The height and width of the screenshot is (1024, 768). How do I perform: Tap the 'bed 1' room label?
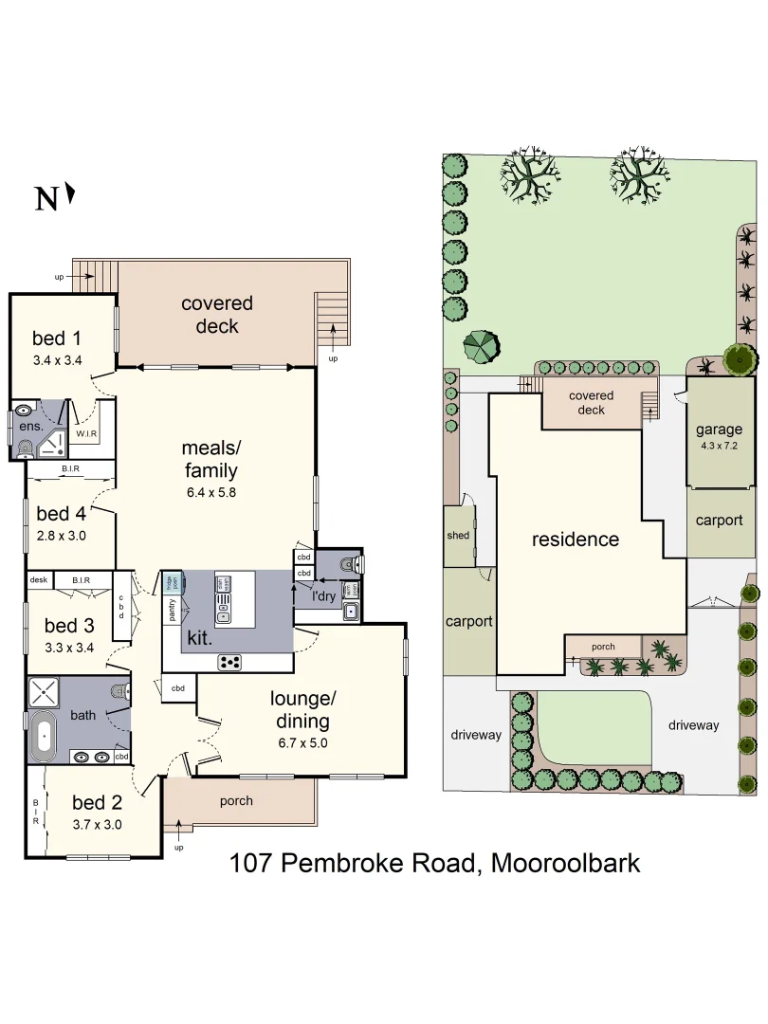(x=56, y=338)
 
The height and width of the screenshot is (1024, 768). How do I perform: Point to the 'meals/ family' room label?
(x=210, y=458)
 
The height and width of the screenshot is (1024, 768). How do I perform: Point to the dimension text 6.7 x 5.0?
(x=302, y=743)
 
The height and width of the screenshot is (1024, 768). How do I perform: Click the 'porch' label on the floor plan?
(x=236, y=800)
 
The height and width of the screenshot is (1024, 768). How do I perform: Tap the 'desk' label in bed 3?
(x=39, y=579)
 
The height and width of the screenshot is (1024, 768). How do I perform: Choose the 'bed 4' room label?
(x=61, y=514)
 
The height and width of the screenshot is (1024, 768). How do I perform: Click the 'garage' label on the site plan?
(x=719, y=430)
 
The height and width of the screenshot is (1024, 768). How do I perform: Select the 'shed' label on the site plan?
(x=458, y=535)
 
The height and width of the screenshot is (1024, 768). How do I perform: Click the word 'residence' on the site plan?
(x=575, y=539)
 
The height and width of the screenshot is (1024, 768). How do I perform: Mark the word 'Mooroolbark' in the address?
(x=565, y=864)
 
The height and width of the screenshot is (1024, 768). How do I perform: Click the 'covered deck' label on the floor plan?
(x=217, y=315)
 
